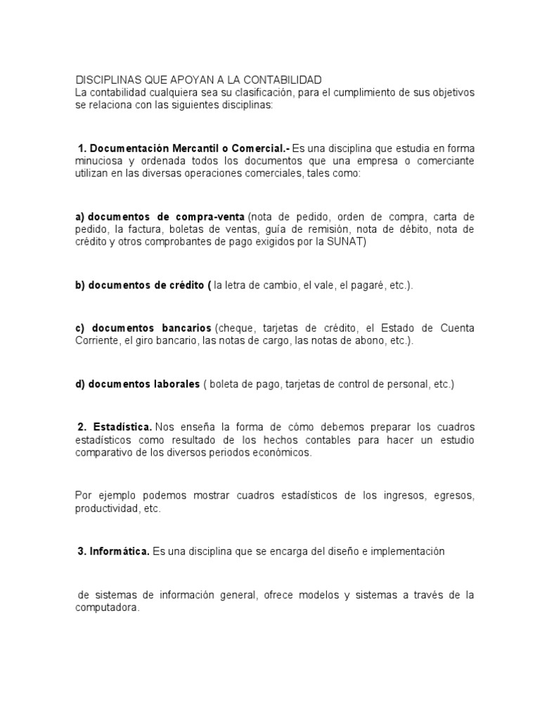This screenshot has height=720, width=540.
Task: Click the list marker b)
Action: coord(80,284)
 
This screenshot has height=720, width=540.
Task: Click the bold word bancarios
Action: coord(180,328)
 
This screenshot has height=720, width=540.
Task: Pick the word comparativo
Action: coord(105,453)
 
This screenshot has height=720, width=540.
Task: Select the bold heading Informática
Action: coord(120,552)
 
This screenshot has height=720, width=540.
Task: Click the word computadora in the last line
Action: coord(107,608)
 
